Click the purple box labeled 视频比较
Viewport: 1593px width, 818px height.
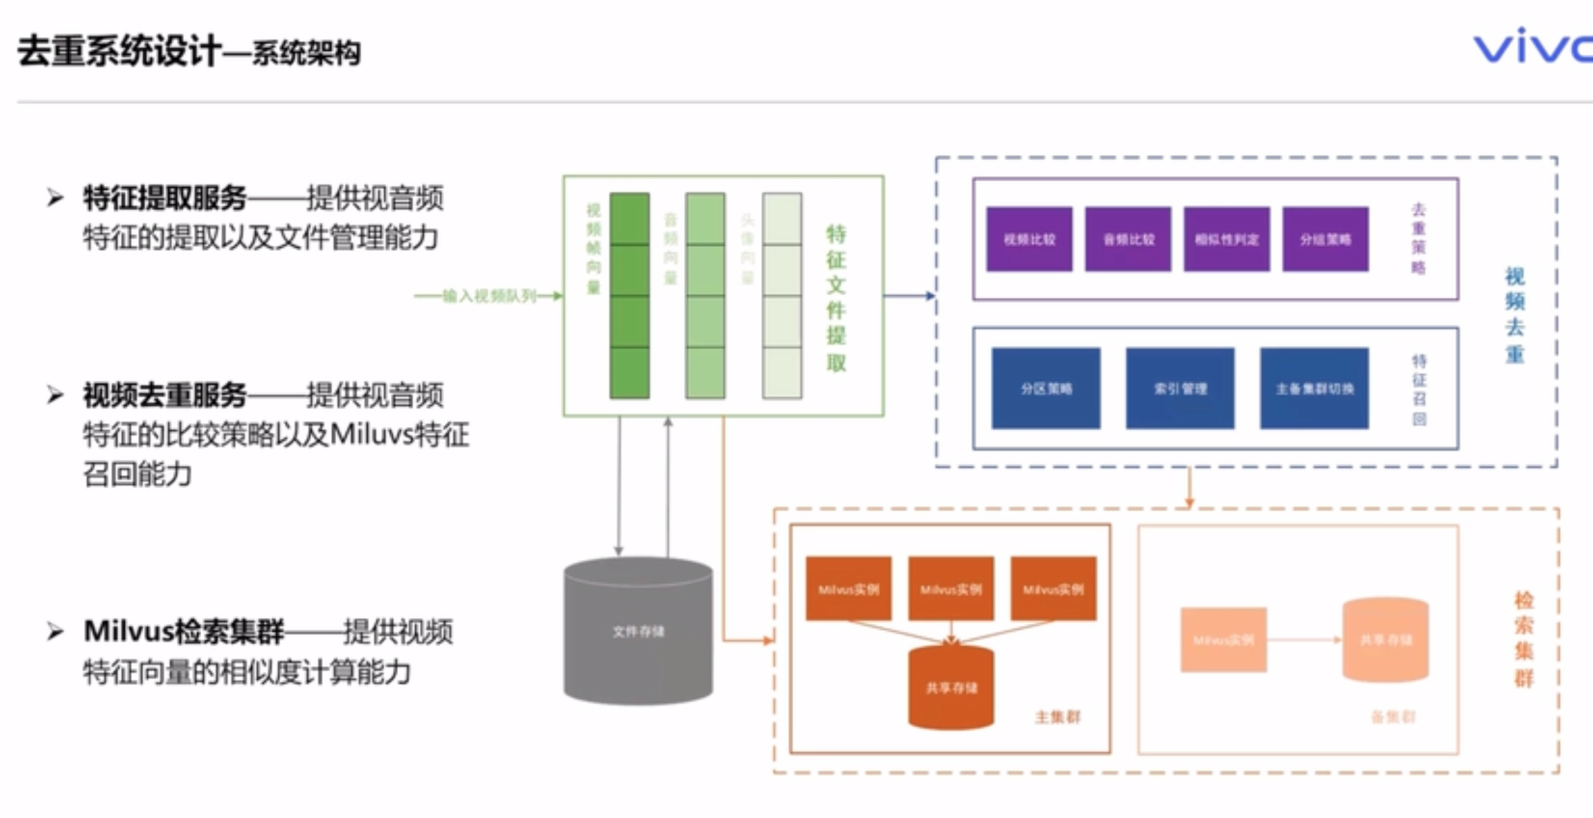point(1029,239)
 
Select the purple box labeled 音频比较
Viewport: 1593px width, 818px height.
point(1128,239)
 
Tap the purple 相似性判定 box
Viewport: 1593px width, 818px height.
point(1227,239)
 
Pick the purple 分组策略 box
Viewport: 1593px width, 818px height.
point(1325,239)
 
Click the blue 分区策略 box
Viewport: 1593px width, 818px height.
point(1046,388)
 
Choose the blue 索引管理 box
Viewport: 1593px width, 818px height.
point(1180,388)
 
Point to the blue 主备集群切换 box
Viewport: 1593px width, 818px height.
point(1314,388)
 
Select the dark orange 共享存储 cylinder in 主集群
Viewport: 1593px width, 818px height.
point(951,688)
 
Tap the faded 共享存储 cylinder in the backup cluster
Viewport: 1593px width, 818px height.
point(1385,640)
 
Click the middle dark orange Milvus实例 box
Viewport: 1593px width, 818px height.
point(951,588)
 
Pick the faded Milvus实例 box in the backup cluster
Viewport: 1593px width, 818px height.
point(1223,640)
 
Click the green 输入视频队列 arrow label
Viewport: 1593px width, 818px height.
point(489,296)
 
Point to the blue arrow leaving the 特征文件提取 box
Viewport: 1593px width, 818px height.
point(909,296)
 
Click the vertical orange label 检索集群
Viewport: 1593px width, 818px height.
point(1524,639)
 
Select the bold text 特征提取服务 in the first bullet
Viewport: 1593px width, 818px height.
point(165,198)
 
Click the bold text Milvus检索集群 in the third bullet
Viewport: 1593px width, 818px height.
point(184,632)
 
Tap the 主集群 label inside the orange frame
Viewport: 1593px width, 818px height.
point(1057,717)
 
